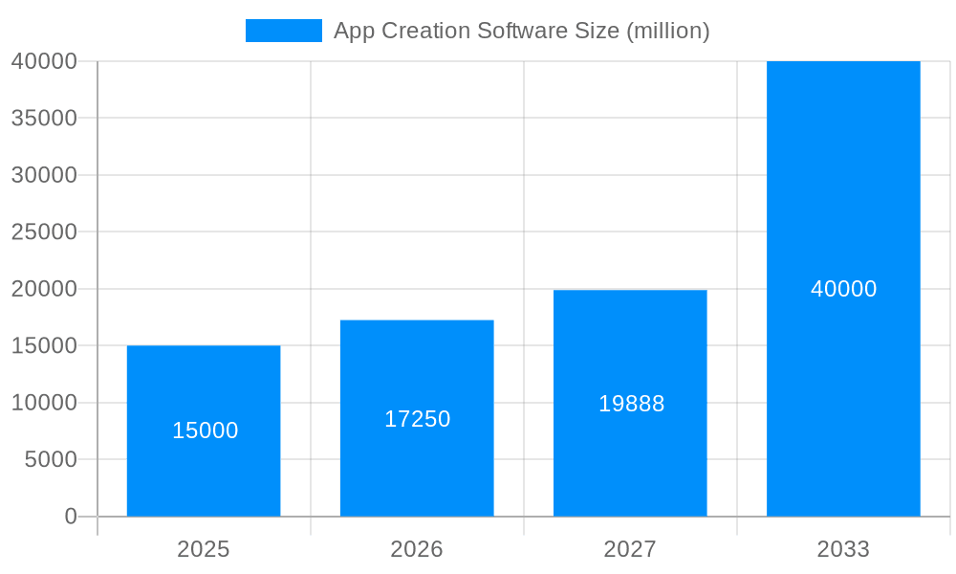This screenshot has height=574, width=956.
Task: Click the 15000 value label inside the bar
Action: tap(206, 430)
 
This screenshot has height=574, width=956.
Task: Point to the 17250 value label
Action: tap(418, 419)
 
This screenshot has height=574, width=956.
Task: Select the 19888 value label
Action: tap(632, 404)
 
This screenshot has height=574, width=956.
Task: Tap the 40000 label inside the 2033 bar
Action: tap(844, 289)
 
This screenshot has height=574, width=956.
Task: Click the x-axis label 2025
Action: tap(204, 549)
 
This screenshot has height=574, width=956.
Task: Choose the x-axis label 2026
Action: tap(417, 549)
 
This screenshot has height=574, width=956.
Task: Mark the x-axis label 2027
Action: tap(630, 549)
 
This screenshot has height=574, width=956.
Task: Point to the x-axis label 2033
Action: tap(843, 549)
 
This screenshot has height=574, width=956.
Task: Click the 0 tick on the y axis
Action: tap(71, 517)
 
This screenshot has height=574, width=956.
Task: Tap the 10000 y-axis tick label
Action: tap(44, 403)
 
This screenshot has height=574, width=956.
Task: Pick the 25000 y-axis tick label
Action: tap(44, 232)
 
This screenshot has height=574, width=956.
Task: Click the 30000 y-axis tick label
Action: tap(44, 175)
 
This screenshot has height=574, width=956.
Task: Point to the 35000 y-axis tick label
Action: tap(44, 118)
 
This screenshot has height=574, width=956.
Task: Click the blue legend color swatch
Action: tap(284, 31)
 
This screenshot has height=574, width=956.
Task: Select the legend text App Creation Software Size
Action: tap(521, 31)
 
